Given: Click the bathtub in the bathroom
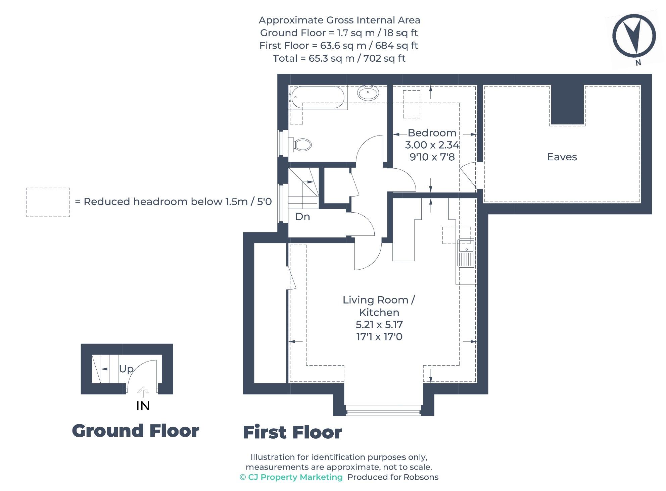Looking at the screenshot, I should pyautogui.click(x=317, y=97).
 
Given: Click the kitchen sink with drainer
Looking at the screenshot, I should pyautogui.click(x=466, y=253).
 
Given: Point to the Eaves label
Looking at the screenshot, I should pyautogui.click(x=562, y=157).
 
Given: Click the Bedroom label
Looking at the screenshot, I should pyautogui.click(x=432, y=133).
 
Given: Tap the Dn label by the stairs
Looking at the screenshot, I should pyautogui.click(x=302, y=217).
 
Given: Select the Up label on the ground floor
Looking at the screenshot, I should pyautogui.click(x=126, y=369).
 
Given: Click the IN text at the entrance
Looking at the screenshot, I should pyautogui.click(x=143, y=406).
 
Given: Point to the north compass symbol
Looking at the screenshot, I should pyautogui.click(x=634, y=36).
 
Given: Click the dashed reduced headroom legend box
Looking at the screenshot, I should pyautogui.click(x=48, y=202).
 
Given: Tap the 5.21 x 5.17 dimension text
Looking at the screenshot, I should pyautogui.click(x=379, y=325).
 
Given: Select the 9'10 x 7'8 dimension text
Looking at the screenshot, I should pyautogui.click(x=432, y=157).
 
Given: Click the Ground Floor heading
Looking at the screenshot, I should pyautogui.click(x=135, y=431).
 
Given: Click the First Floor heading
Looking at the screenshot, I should pyautogui.click(x=292, y=432).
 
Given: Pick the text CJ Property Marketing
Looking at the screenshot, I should pyautogui.click(x=295, y=477).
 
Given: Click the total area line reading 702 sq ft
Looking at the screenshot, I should pyautogui.click(x=339, y=58).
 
